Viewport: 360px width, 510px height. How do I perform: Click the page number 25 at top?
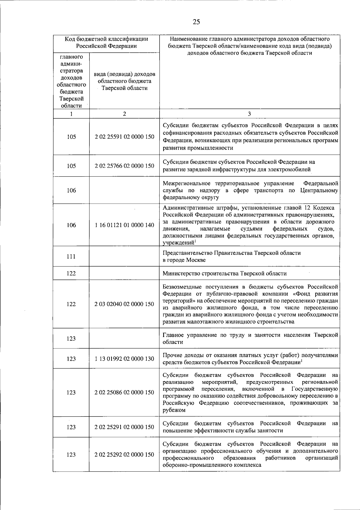click(196, 22)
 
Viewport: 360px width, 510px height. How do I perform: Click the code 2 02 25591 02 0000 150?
click(124, 137)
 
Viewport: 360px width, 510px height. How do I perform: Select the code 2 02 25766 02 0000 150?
click(124, 166)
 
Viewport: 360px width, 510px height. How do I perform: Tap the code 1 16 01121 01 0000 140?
click(124, 225)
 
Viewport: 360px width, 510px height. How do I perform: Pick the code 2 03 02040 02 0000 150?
click(124, 304)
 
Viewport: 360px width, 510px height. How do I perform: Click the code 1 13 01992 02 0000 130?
click(124, 359)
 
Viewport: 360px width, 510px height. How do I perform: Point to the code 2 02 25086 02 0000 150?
click(124, 392)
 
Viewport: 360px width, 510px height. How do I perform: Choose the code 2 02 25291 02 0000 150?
click(124, 427)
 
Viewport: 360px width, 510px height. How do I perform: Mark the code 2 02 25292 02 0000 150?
click(124, 455)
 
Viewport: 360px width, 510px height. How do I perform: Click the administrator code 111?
click(71, 257)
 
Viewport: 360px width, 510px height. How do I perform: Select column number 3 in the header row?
click(249, 114)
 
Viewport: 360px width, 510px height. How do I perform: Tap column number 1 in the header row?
click(71, 114)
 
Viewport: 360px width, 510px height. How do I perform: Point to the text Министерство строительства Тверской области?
click(224, 273)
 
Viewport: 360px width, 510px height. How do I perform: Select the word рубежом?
click(174, 410)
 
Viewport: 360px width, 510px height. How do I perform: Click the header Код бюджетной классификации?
click(106, 39)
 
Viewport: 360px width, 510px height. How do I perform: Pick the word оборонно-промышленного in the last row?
click(191, 465)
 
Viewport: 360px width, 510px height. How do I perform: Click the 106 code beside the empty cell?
click(71, 190)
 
